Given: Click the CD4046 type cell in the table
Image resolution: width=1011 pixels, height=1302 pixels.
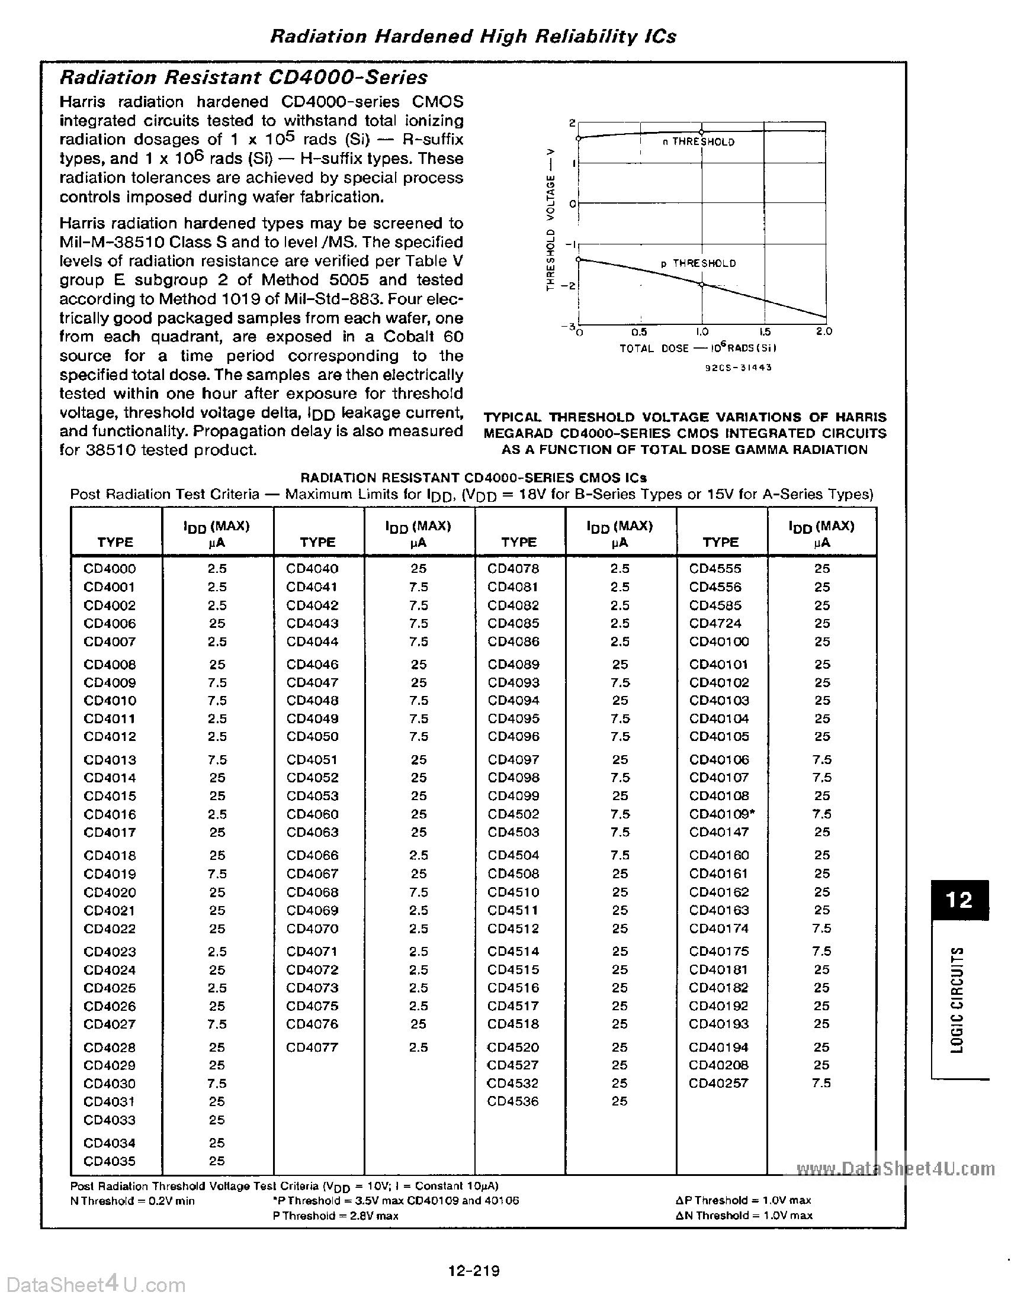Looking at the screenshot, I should (312, 664).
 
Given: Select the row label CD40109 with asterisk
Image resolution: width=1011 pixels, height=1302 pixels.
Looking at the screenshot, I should (721, 814).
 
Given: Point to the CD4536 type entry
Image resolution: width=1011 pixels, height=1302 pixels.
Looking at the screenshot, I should (513, 1101).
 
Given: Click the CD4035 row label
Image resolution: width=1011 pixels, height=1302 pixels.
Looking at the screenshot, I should (110, 1161).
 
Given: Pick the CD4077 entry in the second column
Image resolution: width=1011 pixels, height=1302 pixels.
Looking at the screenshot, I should (312, 1047).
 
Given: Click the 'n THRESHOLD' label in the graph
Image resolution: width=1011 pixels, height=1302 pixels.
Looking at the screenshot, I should (698, 142).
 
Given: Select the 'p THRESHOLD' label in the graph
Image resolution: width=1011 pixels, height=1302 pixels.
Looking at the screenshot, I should (698, 263).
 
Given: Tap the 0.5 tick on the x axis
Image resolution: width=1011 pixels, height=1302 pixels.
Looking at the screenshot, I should (640, 332).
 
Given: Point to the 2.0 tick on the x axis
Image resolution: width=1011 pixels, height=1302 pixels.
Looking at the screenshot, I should (824, 331).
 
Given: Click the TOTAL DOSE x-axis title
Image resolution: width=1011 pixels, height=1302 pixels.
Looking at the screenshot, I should (698, 348).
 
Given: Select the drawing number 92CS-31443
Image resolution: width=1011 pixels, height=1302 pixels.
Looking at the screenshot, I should (739, 368).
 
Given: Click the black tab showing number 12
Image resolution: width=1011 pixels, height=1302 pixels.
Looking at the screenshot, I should (959, 900).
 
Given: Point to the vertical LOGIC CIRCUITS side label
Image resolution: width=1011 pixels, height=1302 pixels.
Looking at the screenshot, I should (957, 999).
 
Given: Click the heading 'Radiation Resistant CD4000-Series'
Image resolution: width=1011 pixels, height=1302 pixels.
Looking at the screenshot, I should (244, 78).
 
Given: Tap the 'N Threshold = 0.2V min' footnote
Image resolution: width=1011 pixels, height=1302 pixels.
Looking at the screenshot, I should (133, 1201).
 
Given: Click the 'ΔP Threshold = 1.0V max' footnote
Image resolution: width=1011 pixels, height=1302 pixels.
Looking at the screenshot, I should (743, 1200).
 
